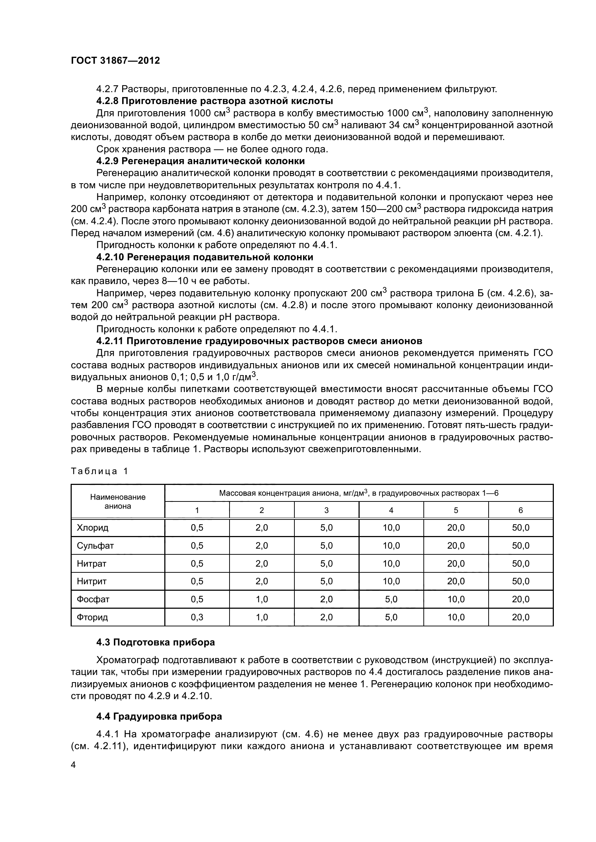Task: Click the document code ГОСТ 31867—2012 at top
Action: click(x=115, y=60)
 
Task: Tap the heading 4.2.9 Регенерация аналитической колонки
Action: click(x=200, y=161)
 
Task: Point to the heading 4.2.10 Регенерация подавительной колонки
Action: click(x=204, y=257)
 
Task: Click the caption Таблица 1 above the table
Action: click(x=99, y=472)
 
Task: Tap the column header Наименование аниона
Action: click(x=118, y=502)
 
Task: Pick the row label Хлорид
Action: click(x=93, y=528)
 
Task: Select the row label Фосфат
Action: click(x=93, y=599)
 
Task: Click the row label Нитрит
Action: click(x=92, y=581)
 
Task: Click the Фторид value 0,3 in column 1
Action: click(x=197, y=617)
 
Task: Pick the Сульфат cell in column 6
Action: click(x=520, y=546)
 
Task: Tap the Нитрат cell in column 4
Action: click(x=391, y=564)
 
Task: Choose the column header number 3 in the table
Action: click(x=326, y=510)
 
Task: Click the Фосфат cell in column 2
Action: click(x=262, y=599)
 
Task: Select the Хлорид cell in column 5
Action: click(x=456, y=528)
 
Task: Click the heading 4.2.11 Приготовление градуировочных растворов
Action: click(x=259, y=341)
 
